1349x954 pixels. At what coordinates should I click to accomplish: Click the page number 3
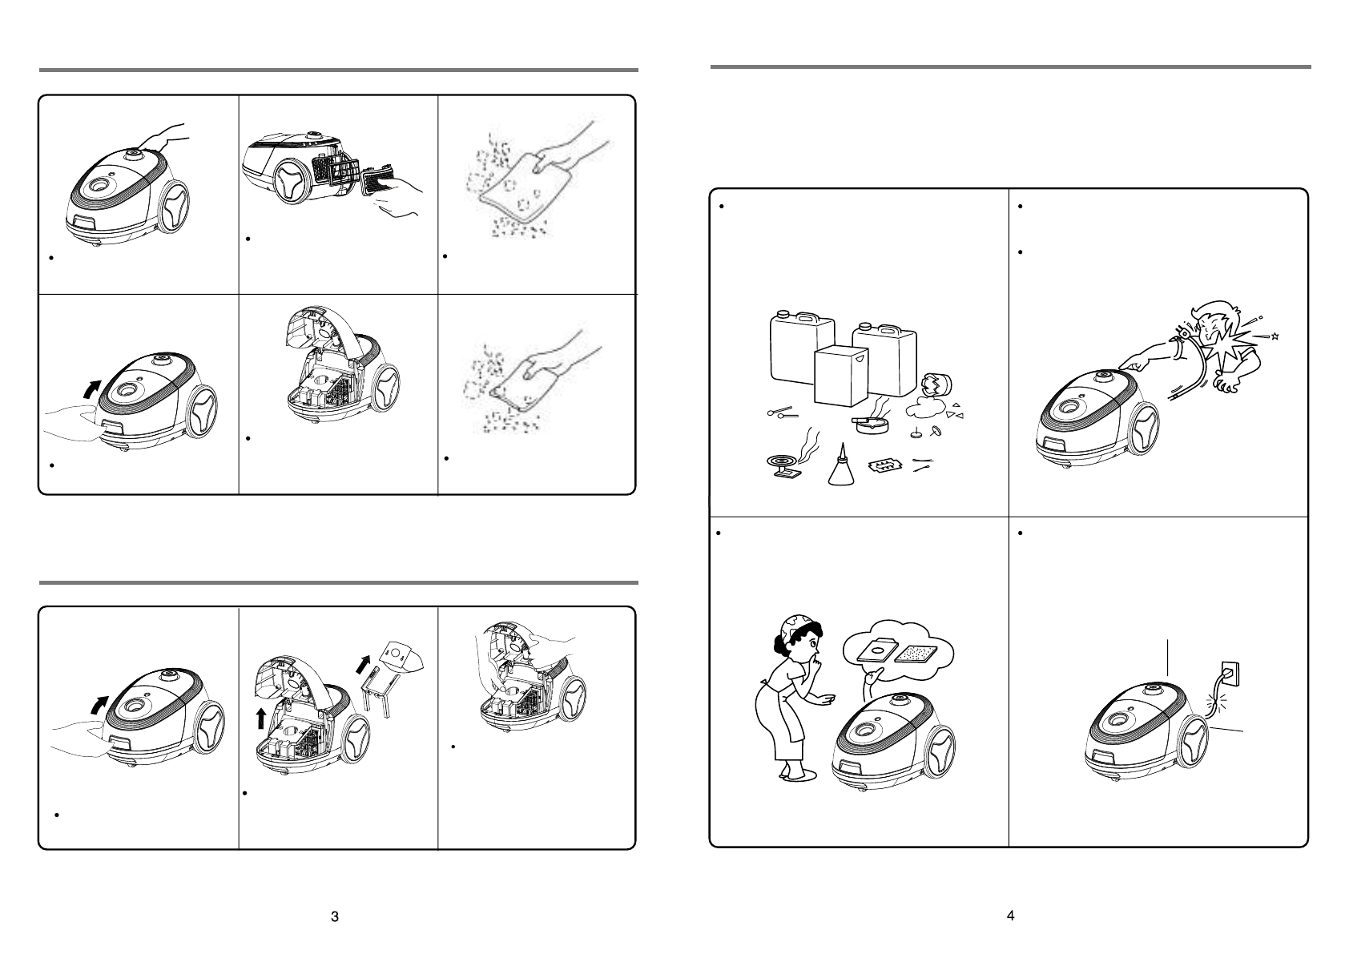point(335,916)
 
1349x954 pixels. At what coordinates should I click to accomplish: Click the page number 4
point(1010,916)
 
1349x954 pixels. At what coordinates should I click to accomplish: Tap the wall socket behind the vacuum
point(1229,674)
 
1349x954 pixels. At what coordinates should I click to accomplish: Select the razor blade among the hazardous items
point(884,465)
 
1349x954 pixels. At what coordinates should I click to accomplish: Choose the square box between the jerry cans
point(840,377)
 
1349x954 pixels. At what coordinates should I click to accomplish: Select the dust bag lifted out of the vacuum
point(403,658)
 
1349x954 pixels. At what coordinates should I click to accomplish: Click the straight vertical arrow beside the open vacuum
point(260,718)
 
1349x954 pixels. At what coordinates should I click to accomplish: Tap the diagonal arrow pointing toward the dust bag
point(363,665)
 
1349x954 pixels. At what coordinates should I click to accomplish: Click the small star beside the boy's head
point(1275,336)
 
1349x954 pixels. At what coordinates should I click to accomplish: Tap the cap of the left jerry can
point(783,314)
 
